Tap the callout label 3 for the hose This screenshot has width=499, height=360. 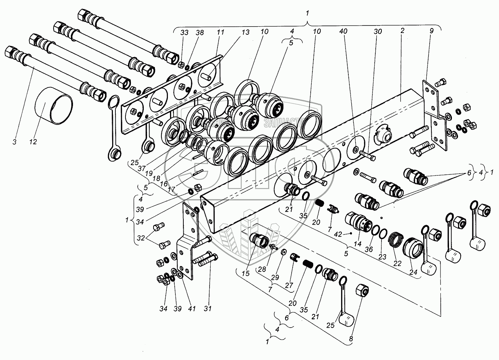click(14, 142)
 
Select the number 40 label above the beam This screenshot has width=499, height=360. click(343, 32)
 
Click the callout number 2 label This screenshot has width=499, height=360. click(403, 31)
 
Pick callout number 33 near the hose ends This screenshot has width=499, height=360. click(184, 32)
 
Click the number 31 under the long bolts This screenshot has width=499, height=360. click(208, 308)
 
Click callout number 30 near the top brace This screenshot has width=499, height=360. click(377, 32)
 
